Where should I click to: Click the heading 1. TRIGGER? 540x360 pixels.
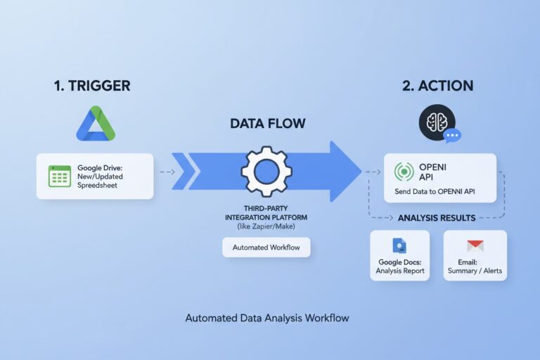click(92, 86)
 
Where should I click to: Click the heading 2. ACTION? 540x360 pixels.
click(437, 86)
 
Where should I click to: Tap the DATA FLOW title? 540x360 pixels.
click(268, 124)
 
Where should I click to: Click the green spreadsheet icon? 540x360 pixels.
click(60, 176)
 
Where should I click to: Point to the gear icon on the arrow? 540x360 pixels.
click(266, 172)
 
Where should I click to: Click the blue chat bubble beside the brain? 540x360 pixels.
click(451, 136)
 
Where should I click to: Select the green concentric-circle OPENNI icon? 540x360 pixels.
click(404, 172)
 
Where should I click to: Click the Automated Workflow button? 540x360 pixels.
click(266, 247)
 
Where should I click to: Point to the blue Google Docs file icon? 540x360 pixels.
click(399, 245)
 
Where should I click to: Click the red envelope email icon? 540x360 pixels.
click(475, 245)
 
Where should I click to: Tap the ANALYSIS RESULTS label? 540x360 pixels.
click(436, 218)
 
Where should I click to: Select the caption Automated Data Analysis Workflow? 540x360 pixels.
click(267, 318)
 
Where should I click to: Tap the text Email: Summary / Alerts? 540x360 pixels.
click(475, 266)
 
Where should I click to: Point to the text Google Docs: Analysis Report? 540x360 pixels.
click(399, 266)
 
